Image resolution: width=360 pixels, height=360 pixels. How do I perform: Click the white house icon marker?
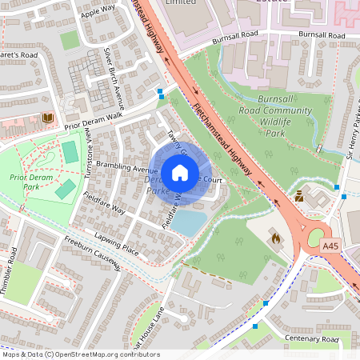tap(180, 173)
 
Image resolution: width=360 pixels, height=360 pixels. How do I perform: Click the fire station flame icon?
tap(275, 237)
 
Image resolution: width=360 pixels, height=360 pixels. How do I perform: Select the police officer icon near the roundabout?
tap(298, 194)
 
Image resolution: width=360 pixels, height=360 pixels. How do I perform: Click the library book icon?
tap(46, 118)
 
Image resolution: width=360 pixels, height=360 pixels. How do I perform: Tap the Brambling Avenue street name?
tap(126, 170)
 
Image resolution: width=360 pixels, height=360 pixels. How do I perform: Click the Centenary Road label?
tap(311, 340)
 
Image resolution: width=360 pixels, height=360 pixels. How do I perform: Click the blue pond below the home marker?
tap(188, 222)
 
